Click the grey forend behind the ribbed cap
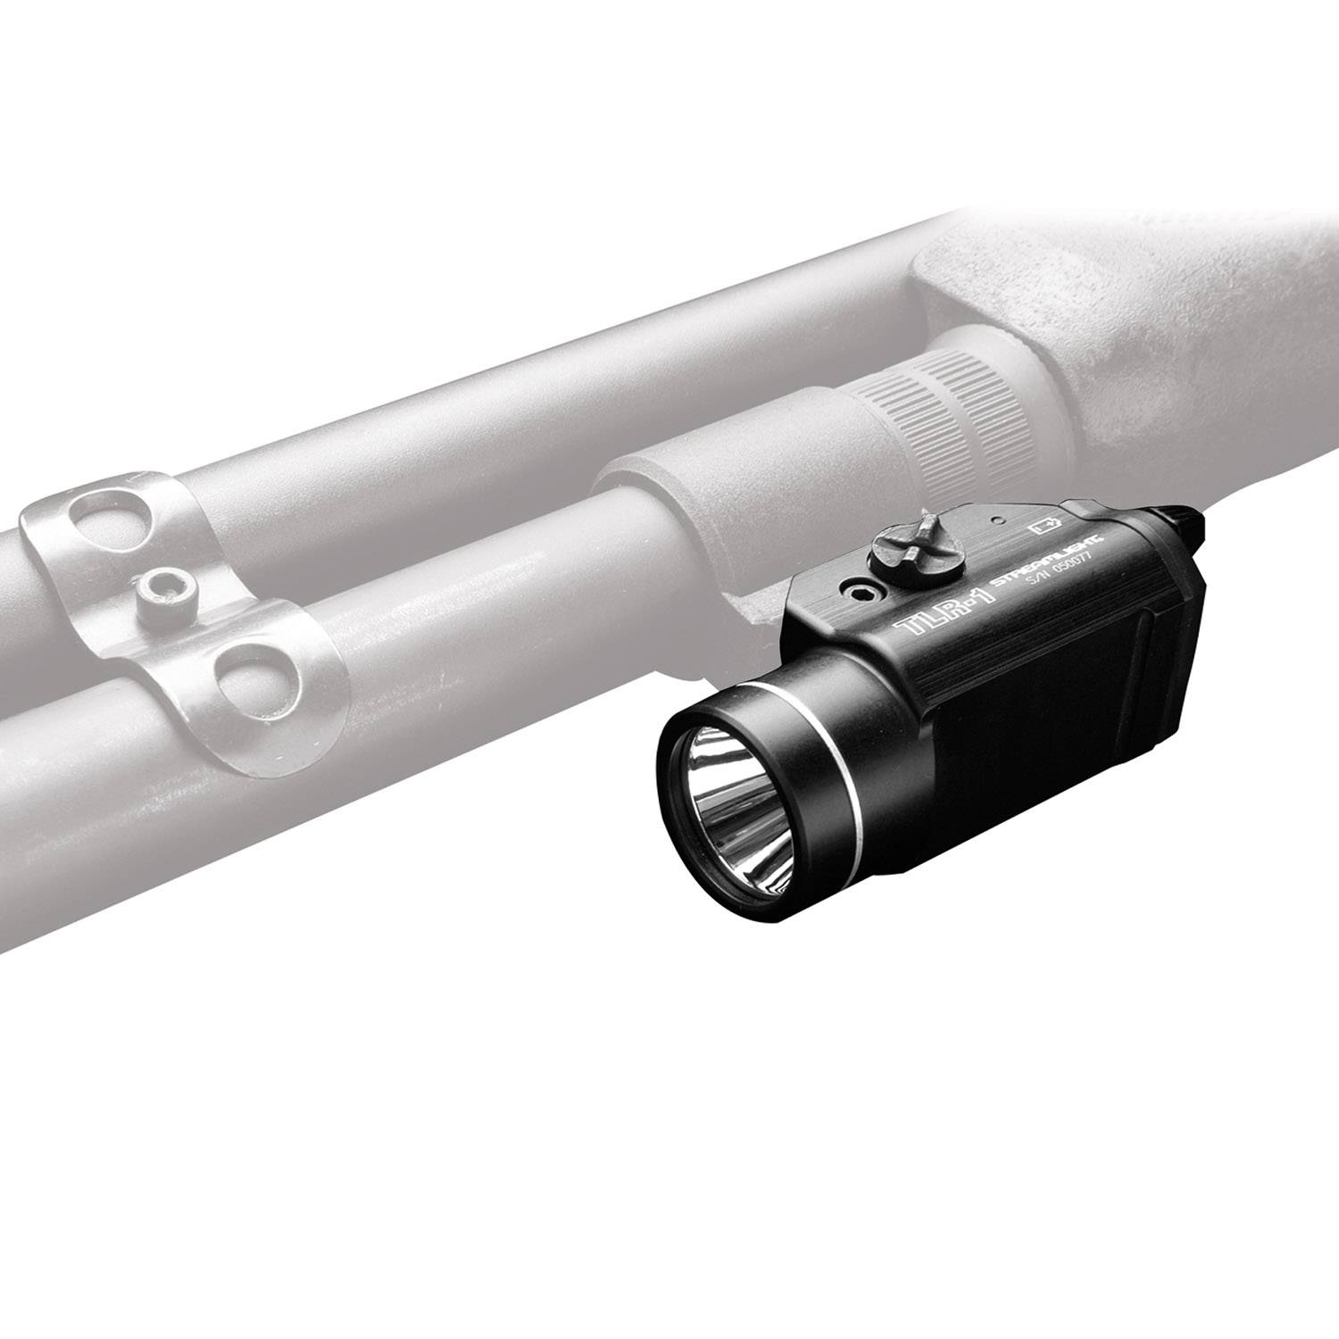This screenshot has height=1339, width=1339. (x=1160, y=339)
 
